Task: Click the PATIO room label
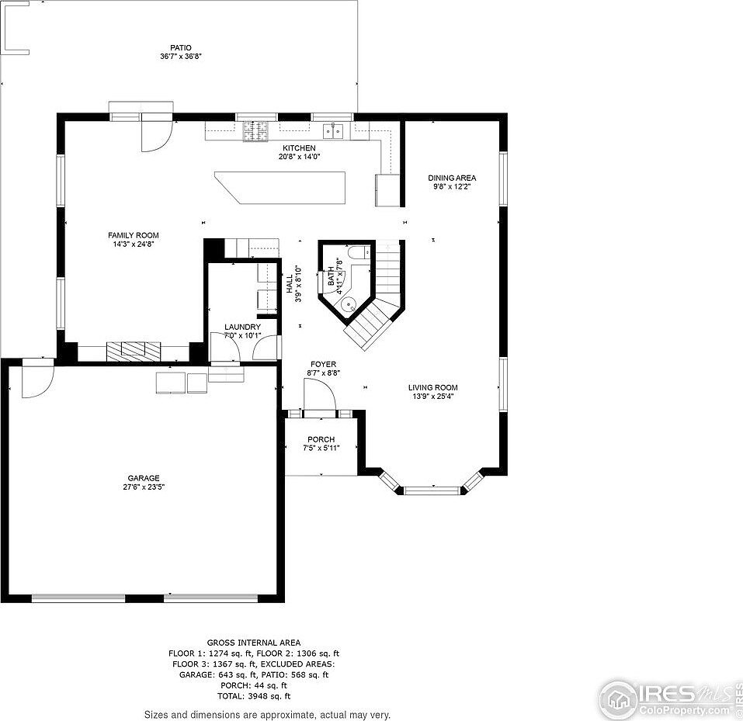coord(181,48)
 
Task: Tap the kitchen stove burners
coord(255,131)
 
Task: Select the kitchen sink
coord(333,130)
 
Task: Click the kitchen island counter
coord(280,188)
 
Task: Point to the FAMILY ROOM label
coord(134,235)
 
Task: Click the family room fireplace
coord(134,352)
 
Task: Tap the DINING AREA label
coord(452,179)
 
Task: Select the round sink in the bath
coord(349,303)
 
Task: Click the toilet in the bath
coord(358,252)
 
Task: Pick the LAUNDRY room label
coord(242,327)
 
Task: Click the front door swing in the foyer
coord(319,394)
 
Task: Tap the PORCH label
coord(321,439)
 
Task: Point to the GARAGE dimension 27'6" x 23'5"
coord(144,487)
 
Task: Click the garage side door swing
coord(38,382)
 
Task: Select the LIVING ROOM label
coord(433,387)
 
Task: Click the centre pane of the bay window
coord(432,490)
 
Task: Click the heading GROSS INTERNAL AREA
coord(254,643)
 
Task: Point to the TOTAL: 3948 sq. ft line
coord(254,696)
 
